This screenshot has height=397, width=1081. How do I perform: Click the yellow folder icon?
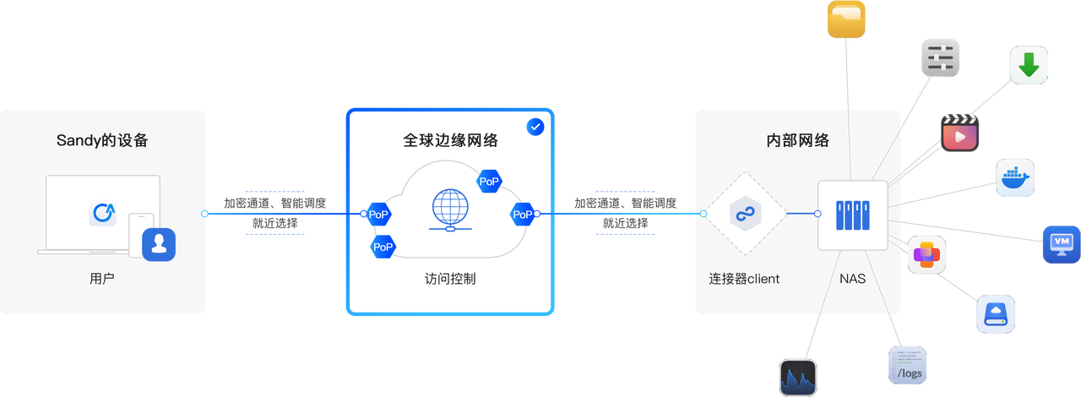pyautogui.click(x=846, y=19)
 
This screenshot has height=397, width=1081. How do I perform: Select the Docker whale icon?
pyautogui.click(x=1014, y=177)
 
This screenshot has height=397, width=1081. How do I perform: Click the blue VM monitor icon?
pyautogui.click(x=1061, y=244)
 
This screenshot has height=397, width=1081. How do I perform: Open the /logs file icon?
pyautogui.click(x=908, y=367)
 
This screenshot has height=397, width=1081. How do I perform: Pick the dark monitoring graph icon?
pyautogui.click(x=798, y=377)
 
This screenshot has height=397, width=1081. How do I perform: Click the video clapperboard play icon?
pyautogui.click(x=961, y=133)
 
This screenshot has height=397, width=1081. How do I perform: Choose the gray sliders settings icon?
pyautogui.click(x=940, y=57)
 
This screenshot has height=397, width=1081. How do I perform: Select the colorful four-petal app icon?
pyautogui.click(x=926, y=254)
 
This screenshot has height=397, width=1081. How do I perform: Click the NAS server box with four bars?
pyautogui.click(x=852, y=215)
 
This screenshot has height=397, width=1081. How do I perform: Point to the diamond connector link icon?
pyautogui.click(x=745, y=215)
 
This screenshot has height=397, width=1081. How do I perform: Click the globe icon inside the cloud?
pyautogui.click(x=449, y=209)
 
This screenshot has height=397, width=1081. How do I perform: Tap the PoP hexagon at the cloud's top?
pyautogui.click(x=489, y=180)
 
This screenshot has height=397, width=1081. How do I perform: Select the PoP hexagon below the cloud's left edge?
pyautogui.click(x=383, y=247)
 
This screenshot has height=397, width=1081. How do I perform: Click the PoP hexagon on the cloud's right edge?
pyautogui.click(x=523, y=215)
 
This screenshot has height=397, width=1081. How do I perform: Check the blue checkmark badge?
pyautogui.click(x=535, y=127)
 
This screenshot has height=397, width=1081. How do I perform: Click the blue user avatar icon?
pyautogui.click(x=158, y=245)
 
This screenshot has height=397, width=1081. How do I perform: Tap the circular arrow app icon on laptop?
pyautogui.click(x=103, y=213)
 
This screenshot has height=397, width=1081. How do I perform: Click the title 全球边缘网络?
pyautogui.click(x=450, y=140)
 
